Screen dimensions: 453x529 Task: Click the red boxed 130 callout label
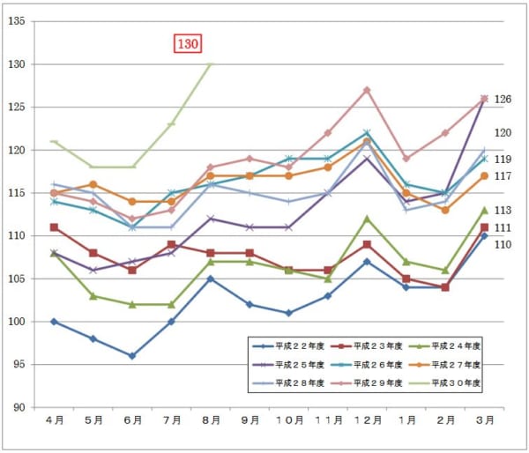pyautogui.click(x=189, y=43)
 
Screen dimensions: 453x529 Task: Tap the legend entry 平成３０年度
pyautogui.click(x=450, y=382)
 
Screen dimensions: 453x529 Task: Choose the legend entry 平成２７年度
pyautogui.click(x=450, y=364)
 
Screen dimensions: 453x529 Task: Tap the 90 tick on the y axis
pyautogui.click(x=18, y=407)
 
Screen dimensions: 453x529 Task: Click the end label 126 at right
pyautogui.click(x=503, y=100)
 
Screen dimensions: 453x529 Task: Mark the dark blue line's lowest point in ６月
pyautogui.click(x=132, y=356)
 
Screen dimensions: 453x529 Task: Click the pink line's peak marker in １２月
pyautogui.click(x=367, y=90)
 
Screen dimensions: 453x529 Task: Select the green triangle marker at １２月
pyautogui.click(x=367, y=219)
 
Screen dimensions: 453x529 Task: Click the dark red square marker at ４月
pyautogui.click(x=54, y=227)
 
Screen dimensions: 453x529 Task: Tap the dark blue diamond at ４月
pyautogui.click(x=54, y=322)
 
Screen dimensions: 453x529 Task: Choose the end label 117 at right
pyautogui.click(x=503, y=177)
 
